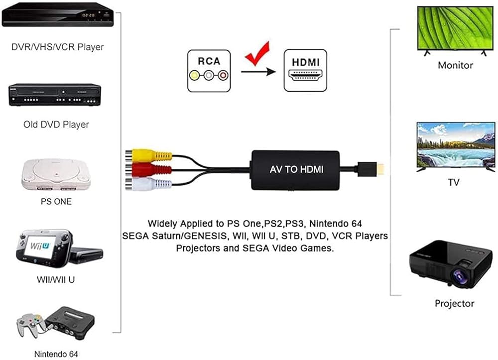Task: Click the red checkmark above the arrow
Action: pos(258,53)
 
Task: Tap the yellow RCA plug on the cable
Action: pos(149,155)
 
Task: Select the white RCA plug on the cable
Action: pos(148,184)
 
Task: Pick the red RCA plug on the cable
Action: pos(148,170)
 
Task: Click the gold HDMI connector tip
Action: pos(380,169)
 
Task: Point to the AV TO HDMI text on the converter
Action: pos(296,169)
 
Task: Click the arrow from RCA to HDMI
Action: pos(258,71)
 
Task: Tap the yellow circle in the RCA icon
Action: pos(194,76)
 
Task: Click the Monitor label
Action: pos(455,65)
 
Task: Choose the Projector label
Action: pos(454,304)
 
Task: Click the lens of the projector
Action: pos(460,275)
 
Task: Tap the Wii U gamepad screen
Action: pos(40,246)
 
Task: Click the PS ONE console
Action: pos(56,174)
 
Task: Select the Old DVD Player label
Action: pos(56,124)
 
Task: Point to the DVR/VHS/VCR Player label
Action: pos(57,47)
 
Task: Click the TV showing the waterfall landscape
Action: pos(456,147)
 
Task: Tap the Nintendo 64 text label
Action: pos(56,354)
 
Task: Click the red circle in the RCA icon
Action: pos(223,76)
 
